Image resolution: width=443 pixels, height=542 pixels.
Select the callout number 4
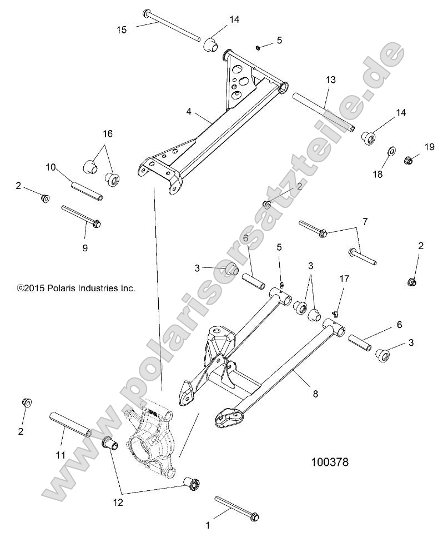pyautogui.click(x=189, y=112)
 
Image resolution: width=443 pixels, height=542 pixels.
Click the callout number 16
pyautogui.click(x=107, y=133)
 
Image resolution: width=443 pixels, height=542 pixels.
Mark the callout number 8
pyautogui.click(x=315, y=394)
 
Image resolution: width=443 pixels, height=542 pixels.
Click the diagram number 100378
pyautogui.click(x=329, y=461)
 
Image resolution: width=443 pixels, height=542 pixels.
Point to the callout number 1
pyautogui.click(x=208, y=524)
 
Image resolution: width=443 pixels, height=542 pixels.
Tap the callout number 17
pyautogui.click(x=344, y=278)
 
